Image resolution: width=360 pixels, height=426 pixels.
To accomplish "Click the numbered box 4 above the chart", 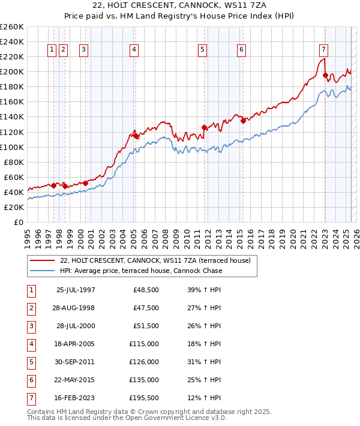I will pos(134,50).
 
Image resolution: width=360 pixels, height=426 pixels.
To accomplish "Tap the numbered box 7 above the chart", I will pos(323,50).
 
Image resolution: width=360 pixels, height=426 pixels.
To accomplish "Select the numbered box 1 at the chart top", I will pos(52,50).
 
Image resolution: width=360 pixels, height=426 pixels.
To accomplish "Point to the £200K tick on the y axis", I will pos(12,71).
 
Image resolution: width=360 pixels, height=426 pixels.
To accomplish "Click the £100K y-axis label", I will pos(12,147).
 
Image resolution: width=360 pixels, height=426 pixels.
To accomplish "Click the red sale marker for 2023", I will pos(325,75).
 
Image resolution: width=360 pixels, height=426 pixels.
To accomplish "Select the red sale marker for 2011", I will pos(204,127).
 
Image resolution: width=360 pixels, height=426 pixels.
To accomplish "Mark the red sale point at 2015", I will pos(243,121).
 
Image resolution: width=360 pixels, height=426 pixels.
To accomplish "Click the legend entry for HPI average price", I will pos(140,271).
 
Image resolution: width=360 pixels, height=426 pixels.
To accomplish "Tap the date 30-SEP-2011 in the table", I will pos(76,362).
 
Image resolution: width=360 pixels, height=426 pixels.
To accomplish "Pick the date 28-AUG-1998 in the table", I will pos(76,308).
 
